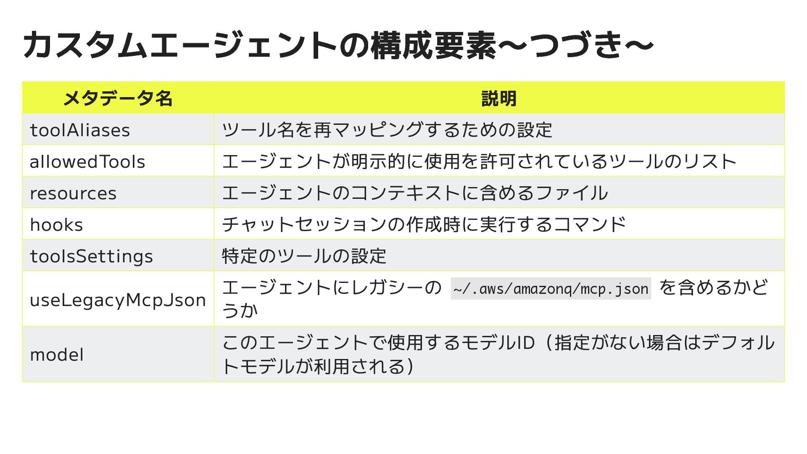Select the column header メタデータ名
click(x=118, y=98)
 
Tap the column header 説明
click(x=498, y=98)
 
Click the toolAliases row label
click(x=80, y=130)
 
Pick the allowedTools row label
click(x=87, y=161)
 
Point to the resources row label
click(x=73, y=193)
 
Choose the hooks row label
click(x=56, y=224)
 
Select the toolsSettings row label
click(x=91, y=256)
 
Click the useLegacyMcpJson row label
click(x=118, y=300)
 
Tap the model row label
click(x=57, y=354)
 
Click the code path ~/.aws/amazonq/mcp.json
click(x=551, y=289)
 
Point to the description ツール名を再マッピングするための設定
click(x=387, y=130)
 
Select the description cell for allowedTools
click(x=479, y=161)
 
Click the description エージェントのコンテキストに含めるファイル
click(x=415, y=193)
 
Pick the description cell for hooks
click(x=424, y=224)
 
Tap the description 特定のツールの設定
click(x=304, y=256)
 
